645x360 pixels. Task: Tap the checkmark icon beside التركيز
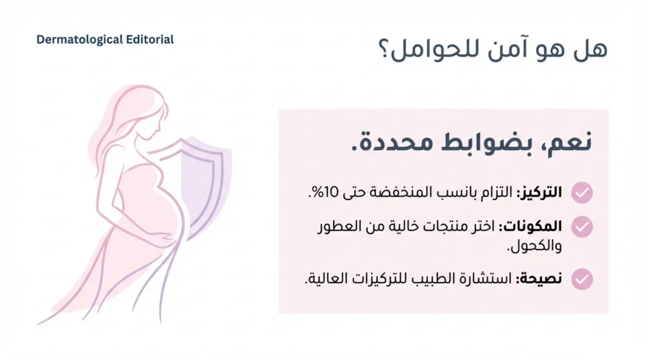[x=582, y=192]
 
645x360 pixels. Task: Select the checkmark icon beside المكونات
[x=582, y=227]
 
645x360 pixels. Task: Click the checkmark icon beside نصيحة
[x=582, y=279]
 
